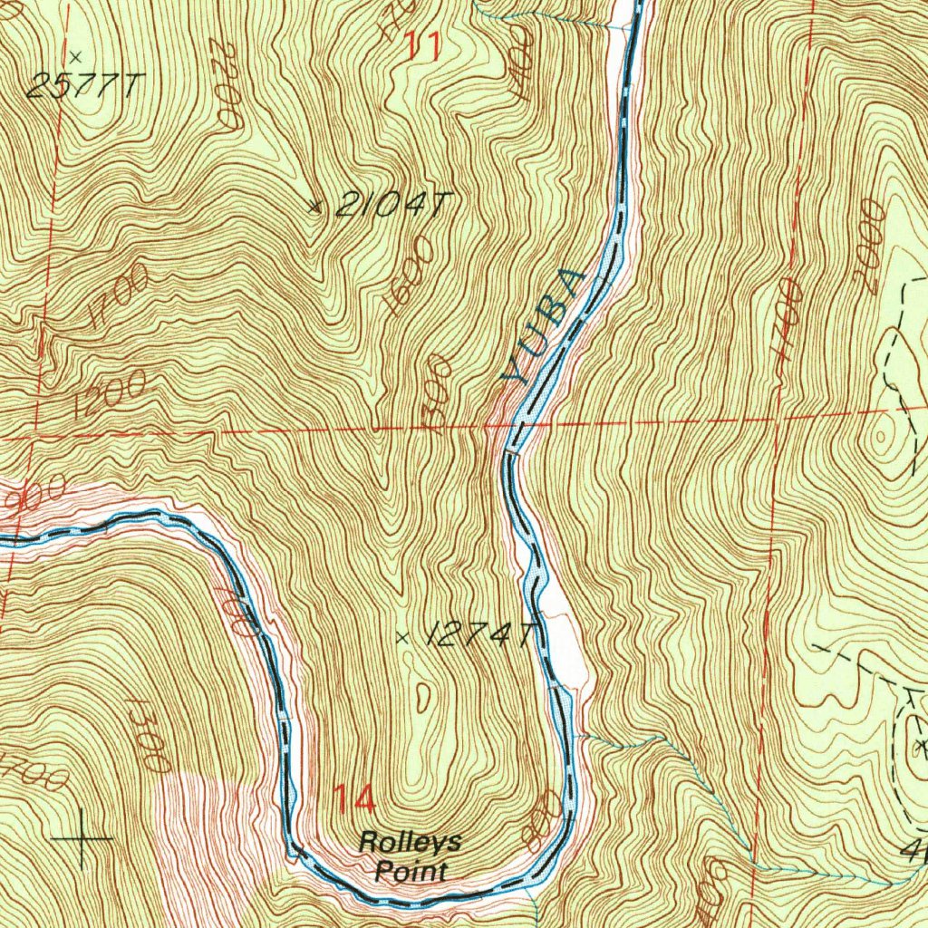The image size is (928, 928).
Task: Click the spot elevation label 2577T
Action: pos(83,86)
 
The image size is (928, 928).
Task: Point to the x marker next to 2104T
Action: pos(314,207)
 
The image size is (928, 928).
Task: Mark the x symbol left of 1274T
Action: pos(402,638)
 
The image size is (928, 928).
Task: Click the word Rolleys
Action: pos(410,842)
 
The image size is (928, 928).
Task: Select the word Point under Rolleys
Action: pos(411,873)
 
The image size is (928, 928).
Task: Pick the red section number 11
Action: pos(422,45)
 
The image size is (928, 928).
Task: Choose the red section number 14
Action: pos(353,799)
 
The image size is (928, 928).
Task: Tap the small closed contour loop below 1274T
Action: pos(423,696)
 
